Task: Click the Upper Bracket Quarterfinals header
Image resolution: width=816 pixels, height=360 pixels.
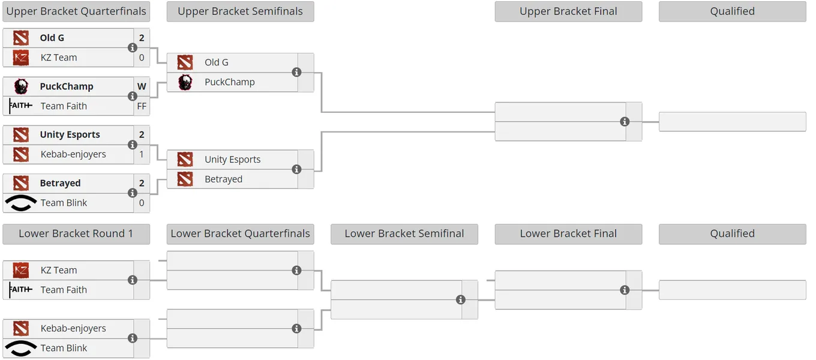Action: [x=76, y=11]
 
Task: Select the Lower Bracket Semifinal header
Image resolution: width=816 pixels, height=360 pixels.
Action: [x=404, y=233]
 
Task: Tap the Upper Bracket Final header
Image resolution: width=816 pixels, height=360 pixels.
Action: [x=568, y=11]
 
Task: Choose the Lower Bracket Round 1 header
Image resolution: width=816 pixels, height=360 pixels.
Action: [x=76, y=233]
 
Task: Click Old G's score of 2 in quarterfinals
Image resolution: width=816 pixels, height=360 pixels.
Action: [x=142, y=38]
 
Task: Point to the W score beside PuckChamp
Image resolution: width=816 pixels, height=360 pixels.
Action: [x=142, y=86]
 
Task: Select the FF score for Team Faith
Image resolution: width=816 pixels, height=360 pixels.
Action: [x=142, y=106]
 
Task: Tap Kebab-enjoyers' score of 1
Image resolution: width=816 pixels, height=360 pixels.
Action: [x=142, y=154]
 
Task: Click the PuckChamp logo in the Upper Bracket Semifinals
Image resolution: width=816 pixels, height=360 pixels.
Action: [x=185, y=82]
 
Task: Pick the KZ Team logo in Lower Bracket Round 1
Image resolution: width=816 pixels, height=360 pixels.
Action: [x=21, y=270]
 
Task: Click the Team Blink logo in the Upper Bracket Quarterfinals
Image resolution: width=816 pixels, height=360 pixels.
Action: [x=21, y=203]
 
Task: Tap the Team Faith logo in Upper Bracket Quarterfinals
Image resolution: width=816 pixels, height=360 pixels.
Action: [x=21, y=106]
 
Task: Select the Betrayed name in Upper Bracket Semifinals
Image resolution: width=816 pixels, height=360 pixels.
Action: [x=223, y=179]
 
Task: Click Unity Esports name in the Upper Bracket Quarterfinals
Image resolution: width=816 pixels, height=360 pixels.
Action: [x=70, y=134]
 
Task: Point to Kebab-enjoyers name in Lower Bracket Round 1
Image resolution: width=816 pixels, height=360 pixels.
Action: [x=73, y=328]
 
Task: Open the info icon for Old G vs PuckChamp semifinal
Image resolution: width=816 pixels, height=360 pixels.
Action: [x=296, y=72]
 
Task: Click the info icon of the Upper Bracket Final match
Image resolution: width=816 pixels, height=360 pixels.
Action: [x=625, y=122]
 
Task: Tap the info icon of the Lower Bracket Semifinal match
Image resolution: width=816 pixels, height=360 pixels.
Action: [x=460, y=299]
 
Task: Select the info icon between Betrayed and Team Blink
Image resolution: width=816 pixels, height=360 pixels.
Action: [x=132, y=193]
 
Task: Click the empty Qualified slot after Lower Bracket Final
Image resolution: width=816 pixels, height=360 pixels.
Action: [x=732, y=290]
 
